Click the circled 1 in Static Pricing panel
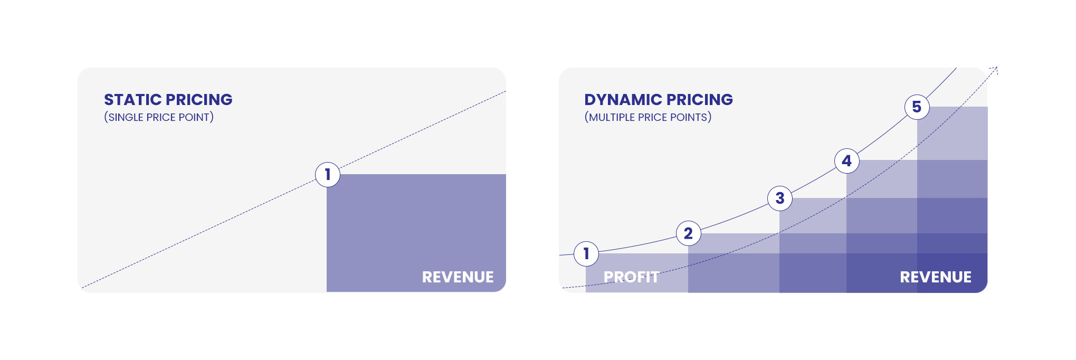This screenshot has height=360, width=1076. [x=328, y=174]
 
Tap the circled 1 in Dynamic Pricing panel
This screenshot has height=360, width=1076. [x=586, y=254]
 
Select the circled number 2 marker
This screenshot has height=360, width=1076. [x=688, y=233]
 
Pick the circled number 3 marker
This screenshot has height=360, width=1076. [x=780, y=198]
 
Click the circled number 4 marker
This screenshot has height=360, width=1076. [x=847, y=161]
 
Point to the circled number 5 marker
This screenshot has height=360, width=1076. [x=917, y=107]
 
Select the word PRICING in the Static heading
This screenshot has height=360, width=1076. [x=199, y=100]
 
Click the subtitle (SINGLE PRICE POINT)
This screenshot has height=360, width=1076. [x=159, y=117]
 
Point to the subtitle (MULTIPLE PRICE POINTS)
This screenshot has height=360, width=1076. [x=648, y=117]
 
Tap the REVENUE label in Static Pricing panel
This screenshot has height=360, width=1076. [x=458, y=277]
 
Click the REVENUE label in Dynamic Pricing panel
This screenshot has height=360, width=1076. [x=936, y=277]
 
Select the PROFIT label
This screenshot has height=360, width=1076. [x=631, y=277]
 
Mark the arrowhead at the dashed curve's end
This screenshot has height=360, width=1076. [x=994, y=70]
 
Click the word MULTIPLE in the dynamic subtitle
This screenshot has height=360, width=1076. [x=612, y=117]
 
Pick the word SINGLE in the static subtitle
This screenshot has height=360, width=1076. [x=126, y=117]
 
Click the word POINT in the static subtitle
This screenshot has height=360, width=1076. [x=195, y=117]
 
